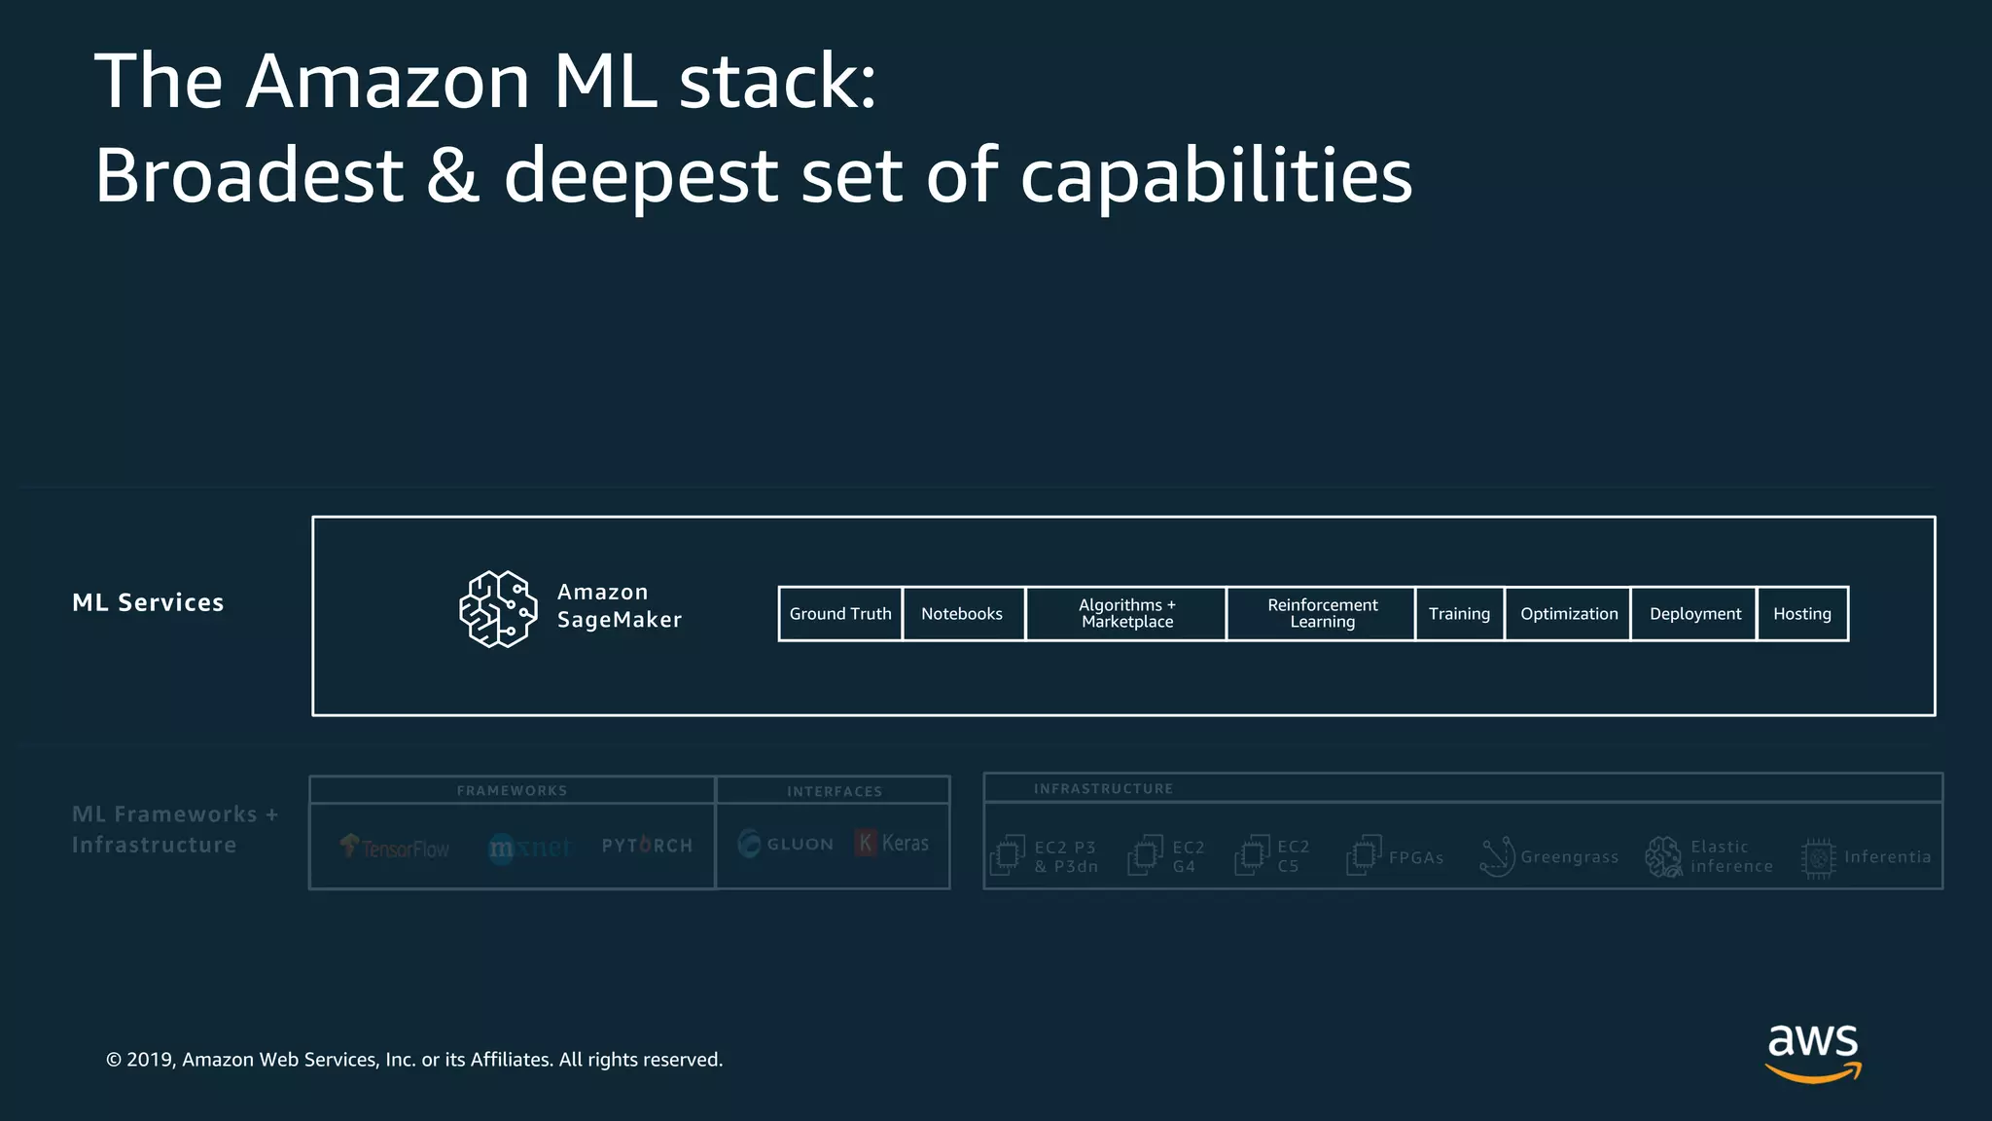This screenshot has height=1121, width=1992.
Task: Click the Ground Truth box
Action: tap(840, 614)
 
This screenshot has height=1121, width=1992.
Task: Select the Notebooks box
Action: tap(963, 614)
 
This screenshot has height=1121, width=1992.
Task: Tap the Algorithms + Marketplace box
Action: tap(1126, 614)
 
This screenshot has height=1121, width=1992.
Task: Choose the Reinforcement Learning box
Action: tap(1322, 614)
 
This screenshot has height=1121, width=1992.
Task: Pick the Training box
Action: tap(1459, 614)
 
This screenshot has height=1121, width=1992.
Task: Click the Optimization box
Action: tap(1568, 614)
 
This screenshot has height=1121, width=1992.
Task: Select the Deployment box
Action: tap(1694, 614)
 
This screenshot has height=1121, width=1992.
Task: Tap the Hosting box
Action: tap(1802, 614)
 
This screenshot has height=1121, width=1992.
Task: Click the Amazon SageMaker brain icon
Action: tap(498, 609)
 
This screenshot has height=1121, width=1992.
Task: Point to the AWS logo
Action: tap(1813, 1052)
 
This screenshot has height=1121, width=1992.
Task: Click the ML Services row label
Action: tap(148, 603)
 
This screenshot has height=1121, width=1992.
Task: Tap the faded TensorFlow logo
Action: tap(395, 848)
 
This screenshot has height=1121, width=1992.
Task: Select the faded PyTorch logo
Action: tap(647, 846)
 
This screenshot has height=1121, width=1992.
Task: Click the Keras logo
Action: tap(892, 844)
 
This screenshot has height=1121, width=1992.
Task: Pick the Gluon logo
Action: tap(786, 844)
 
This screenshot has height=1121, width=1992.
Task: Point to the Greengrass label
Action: tap(1569, 857)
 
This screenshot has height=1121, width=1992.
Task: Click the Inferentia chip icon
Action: tap(1818, 857)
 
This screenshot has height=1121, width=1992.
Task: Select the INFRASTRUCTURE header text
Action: tap(1103, 789)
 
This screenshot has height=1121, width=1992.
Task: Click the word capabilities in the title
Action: tap(1216, 176)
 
